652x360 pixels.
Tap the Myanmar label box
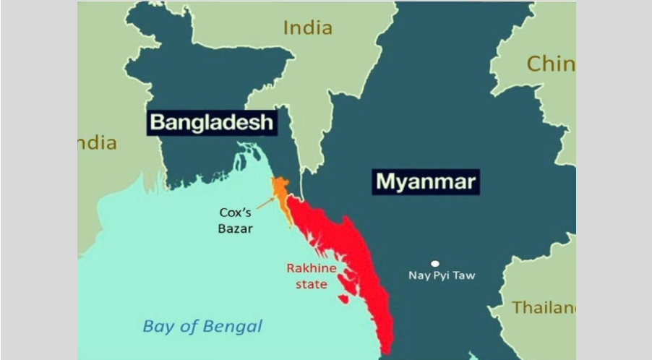[425, 180]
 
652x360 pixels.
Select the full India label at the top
[308, 28]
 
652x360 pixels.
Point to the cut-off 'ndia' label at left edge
[98, 143]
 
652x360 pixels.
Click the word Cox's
[236, 213]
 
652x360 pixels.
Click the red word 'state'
[312, 284]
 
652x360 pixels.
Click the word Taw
[464, 275]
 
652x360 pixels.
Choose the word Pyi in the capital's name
[442, 275]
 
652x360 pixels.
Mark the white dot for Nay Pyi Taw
[435, 264]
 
